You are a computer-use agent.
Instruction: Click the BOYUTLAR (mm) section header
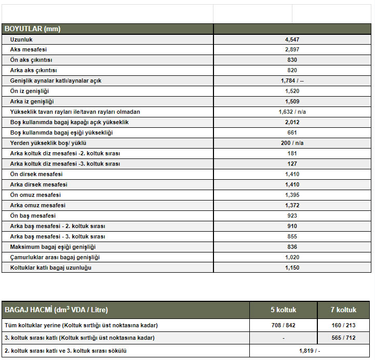pyautogui.click(x=32, y=29)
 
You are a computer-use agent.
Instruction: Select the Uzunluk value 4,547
pyautogui.click(x=292, y=39)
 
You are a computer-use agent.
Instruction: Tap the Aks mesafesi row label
pyautogui.click(x=28, y=50)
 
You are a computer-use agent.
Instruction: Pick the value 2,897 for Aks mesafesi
pyautogui.click(x=292, y=50)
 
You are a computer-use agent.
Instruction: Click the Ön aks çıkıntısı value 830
pyautogui.click(x=292, y=60)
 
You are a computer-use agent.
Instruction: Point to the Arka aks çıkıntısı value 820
pyautogui.click(x=292, y=71)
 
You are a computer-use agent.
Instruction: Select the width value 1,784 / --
pyautogui.click(x=292, y=81)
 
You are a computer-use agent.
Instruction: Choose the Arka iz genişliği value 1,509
pyautogui.click(x=292, y=102)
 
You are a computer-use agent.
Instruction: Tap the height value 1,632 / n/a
pyautogui.click(x=292, y=112)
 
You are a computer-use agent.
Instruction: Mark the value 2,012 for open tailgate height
pyautogui.click(x=292, y=123)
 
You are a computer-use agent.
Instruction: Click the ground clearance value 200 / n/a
pyautogui.click(x=292, y=143)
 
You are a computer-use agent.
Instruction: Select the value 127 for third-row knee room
pyautogui.click(x=292, y=164)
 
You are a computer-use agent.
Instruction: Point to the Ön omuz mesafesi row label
pyautogui.click(x=35, y=195)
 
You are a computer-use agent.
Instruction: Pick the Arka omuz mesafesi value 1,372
pyautogui.click(x=292, y=206)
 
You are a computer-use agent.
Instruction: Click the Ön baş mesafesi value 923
pyautogui.click(x=292, y=216)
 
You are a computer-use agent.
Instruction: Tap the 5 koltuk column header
pyautogui.click(x=283, y=310)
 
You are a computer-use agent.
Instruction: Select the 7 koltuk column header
pyautogui.click(x=343, y=310)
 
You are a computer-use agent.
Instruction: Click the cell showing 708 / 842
pyautogui.click(x=283, y=326)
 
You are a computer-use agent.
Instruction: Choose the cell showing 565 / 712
pyautogui.click(x=343, y=338)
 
